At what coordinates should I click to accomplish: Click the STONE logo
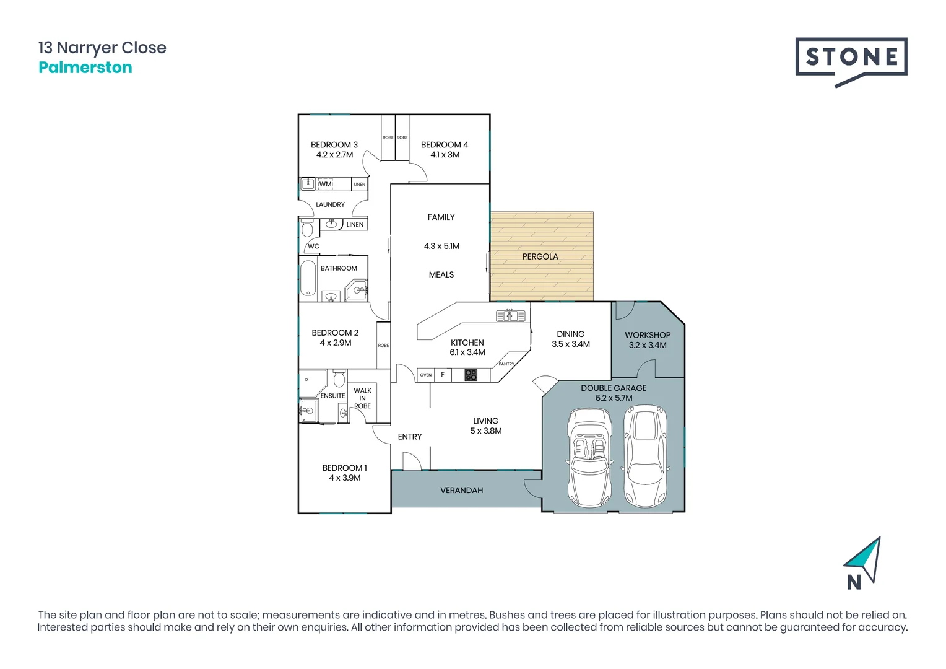(851, 58)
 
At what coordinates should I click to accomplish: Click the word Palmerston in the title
(85, 68)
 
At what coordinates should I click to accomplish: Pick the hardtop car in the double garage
(645, 457)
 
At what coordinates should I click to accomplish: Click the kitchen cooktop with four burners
(471, 375)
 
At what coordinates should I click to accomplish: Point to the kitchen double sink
(510, 316)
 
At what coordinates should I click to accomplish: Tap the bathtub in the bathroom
(308, 278)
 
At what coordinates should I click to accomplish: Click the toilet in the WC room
(307, 230)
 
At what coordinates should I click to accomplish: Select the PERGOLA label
(540, 256)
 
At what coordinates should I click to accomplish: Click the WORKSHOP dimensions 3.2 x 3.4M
(648, 345)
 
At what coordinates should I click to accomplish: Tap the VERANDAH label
(461, 490)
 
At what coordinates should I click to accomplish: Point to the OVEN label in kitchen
(425, 375)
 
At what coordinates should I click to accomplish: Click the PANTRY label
(506, 364)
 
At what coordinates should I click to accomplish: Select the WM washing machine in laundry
(326, 184)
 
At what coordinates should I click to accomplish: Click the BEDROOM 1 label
(344, 468)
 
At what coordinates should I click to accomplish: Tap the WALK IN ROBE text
(362, 398)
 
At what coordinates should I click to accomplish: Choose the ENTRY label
(409, 437)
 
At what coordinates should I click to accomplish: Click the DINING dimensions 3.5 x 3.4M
(570, 344)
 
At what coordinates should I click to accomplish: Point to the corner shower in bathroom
(357, 289)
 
